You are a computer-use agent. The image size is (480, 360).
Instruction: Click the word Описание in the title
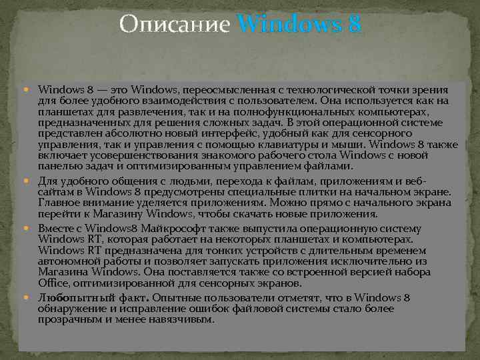(x=175, y=25)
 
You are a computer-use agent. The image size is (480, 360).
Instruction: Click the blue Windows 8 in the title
(x=299, y=25)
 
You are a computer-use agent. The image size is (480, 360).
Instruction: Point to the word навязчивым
(x=182, y=319)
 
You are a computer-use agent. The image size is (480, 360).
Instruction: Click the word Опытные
(x=183, y=297)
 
